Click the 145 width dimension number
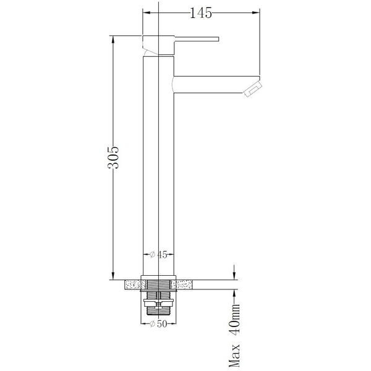pyautogui.click(x=200, y=12)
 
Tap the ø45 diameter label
pyautogui.click(x=160, y=254)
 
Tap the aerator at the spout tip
pyautogui.click(x=252, y=87)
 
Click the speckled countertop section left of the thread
pyautogui.click(x=134, y=284)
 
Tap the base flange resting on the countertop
pyautogui.click(x=160, y=276)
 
